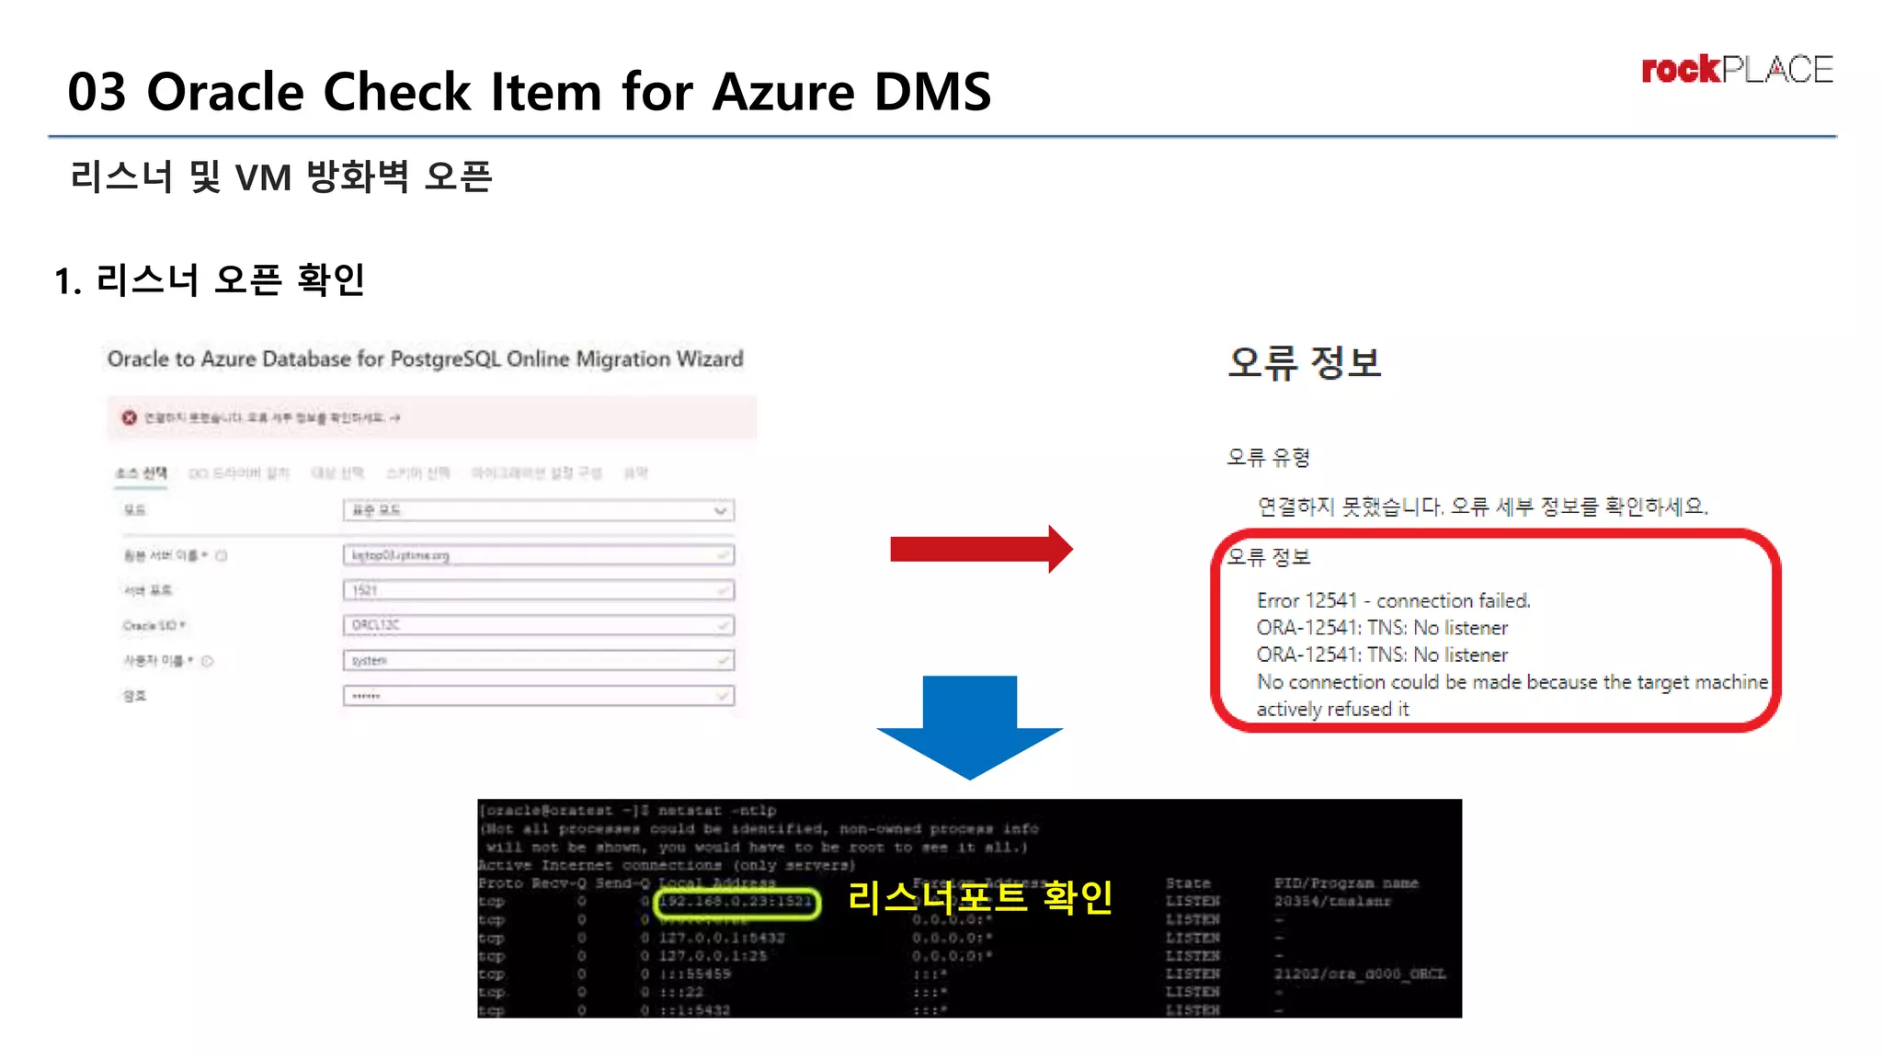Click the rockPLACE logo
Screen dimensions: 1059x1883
coord(1736,70)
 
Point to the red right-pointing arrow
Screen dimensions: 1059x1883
coord(980,550)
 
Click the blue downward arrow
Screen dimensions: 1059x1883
coord(970,726)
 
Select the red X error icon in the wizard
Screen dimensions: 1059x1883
coord(130,418)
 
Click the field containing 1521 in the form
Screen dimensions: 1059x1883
coord(538,590)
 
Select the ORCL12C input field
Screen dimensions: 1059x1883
coord(538,625)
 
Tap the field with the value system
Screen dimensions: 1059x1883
coord(538,660)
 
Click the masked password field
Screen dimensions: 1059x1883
coord(538,696)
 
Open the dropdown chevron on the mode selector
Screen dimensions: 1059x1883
coord(721,510)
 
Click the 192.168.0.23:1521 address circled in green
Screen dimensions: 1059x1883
coord(736,902)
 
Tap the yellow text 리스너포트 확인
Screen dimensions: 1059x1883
coord(980,897)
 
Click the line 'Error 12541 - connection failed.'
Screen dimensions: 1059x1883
coord(1393,600)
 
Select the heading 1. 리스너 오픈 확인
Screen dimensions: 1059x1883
coord(210,280)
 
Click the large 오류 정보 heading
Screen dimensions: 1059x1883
coord(1304,362)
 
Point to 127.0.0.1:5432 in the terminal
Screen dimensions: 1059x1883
coord(721,938)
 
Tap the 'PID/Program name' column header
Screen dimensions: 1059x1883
coord(1345,883)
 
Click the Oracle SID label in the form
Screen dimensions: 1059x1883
coord(153,626)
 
